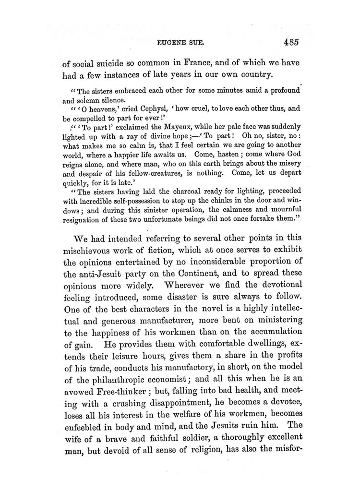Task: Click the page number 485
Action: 291,42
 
